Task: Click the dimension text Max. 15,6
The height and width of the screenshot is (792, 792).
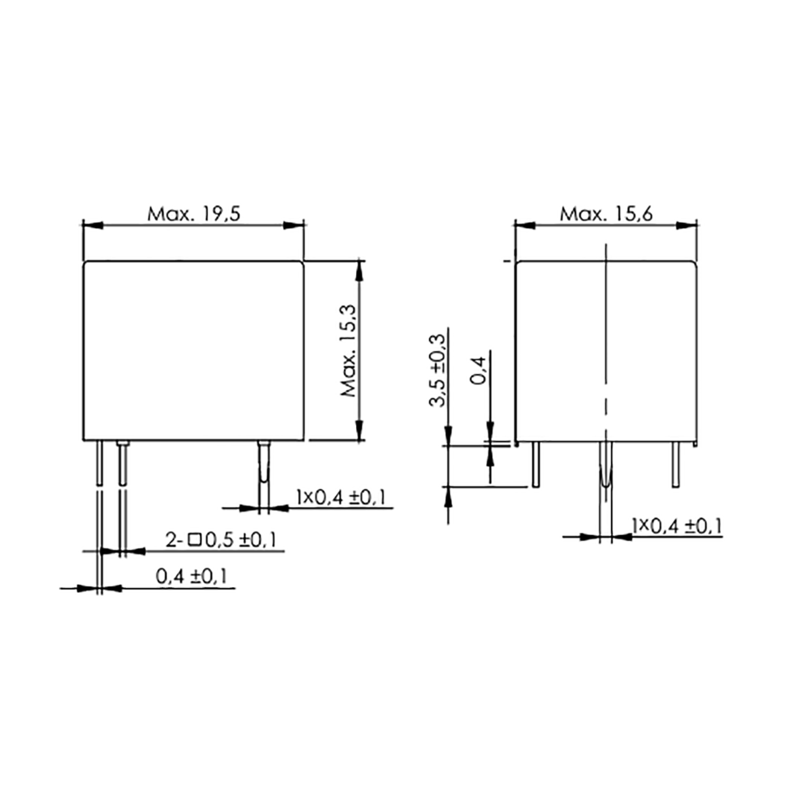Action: [606, 214]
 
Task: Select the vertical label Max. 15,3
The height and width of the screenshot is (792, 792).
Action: [349, 351]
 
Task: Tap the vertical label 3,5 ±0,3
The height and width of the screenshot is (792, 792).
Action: [436, 370]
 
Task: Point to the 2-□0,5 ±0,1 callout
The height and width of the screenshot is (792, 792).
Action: [220, 540]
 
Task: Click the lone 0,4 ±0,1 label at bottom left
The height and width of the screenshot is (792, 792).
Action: [191, 577]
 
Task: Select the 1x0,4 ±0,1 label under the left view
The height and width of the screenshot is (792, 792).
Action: [341, 498]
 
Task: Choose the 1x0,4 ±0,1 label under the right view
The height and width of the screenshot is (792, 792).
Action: [677, 526]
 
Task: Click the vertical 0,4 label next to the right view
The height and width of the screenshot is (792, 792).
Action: [478, 371]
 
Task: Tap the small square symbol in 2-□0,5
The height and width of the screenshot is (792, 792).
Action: [194, 540]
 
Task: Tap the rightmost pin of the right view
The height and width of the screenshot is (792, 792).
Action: [676, 464]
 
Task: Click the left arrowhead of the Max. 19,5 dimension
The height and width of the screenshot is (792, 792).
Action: [93, 225]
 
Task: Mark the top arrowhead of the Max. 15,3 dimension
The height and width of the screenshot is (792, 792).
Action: [359, 271]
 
